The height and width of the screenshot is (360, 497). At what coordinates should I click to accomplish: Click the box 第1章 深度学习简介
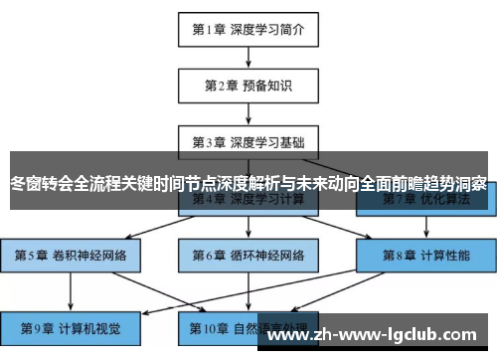pos(248,29)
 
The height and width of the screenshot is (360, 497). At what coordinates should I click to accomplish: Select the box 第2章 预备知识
pos(248,85)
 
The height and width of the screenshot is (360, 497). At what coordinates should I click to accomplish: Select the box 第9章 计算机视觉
pos(71,325)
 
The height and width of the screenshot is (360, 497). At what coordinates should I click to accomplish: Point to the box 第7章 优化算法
pos(426,200)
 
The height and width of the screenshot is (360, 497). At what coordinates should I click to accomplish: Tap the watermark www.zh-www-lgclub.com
pos(379,334)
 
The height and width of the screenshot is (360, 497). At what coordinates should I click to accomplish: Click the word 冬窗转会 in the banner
pos(40,184)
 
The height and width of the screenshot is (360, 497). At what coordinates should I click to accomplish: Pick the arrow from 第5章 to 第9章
pos(71,289)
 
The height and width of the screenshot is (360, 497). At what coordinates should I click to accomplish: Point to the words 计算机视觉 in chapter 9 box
pos(87,325)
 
